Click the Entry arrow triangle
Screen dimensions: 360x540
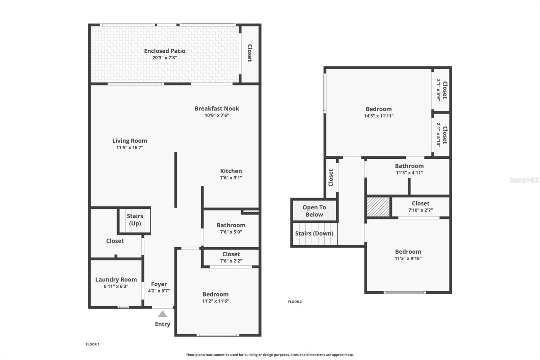[x=162, y=314]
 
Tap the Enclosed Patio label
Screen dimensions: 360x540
[x=165, y=51]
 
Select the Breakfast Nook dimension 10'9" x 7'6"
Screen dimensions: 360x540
[x=217, y=115]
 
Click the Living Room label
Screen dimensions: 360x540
[x=130, y=141]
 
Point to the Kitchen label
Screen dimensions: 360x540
[x=231, y=171]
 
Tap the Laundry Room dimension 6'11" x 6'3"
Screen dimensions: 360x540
[x=116, y=286]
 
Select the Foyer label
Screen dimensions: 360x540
[x=159, y=284]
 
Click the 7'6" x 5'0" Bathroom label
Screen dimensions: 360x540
[x=231, y=225]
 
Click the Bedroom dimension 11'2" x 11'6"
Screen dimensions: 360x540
[x=215, y=301]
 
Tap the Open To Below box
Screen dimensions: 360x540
[x=314, y=211]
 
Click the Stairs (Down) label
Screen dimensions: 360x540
[x=314, y=233]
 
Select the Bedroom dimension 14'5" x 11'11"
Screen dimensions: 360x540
[x=379, y=116]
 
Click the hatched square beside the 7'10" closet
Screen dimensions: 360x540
[x=378, y=207]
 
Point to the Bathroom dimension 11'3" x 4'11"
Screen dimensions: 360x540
[x=409, y=173]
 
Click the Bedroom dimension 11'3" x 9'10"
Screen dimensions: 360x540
[x=408, y=258]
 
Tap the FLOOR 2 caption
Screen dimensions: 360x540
[x=295, y=302]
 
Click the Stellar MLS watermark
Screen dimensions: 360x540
[x=524, y=180]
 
